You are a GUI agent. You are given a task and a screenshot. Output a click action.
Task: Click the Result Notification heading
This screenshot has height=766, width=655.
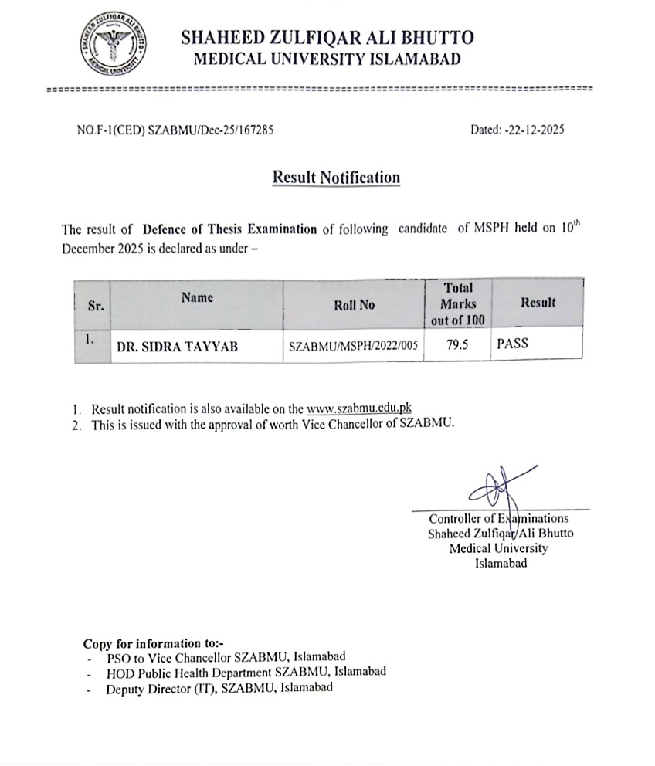click(336, 178)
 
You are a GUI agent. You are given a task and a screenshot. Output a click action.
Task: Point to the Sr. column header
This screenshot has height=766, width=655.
click(96, 306)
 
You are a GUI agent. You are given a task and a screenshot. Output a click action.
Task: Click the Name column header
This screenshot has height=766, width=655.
click(197, 297)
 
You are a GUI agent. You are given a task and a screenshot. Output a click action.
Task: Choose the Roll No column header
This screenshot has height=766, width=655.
click(354, 305)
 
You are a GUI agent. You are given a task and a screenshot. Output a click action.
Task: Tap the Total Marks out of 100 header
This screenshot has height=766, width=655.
click(458, 304)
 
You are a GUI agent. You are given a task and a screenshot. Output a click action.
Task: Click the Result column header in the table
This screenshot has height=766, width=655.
click(538, 303)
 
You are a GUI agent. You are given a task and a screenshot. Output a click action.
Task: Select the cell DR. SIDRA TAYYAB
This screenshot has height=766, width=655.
click(177, 347)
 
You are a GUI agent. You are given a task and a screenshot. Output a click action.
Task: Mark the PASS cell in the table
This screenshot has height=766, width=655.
click(513, 344)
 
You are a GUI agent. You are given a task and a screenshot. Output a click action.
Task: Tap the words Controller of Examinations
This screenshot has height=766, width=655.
click(498, 519)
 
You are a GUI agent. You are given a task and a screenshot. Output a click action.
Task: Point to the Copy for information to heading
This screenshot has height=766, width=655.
click(152, 643)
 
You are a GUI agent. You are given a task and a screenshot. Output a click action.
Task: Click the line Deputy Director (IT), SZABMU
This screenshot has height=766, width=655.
click(219, 687)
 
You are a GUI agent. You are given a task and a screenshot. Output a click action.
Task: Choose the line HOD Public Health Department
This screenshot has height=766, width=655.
click(246, 672)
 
